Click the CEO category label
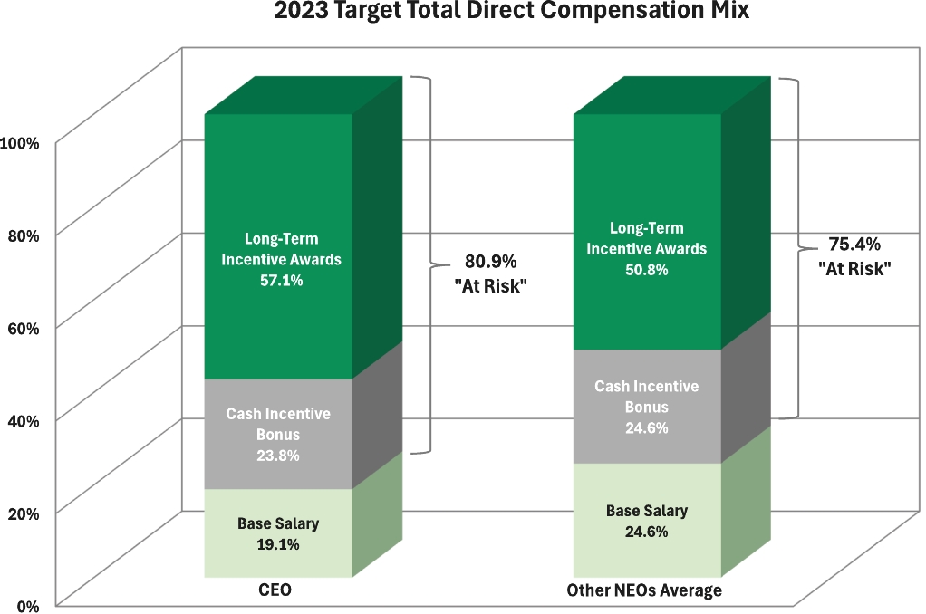(x=275, y=590)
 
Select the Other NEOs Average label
(x=643, y=590)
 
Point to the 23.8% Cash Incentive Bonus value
(x=278, y=456)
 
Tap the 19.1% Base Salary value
(x=278, y=544)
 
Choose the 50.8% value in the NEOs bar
(x=646, y=269)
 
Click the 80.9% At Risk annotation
(x=490, y=262)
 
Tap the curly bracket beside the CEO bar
(x=427, y=264)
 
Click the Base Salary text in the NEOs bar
(x=646, y=511)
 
